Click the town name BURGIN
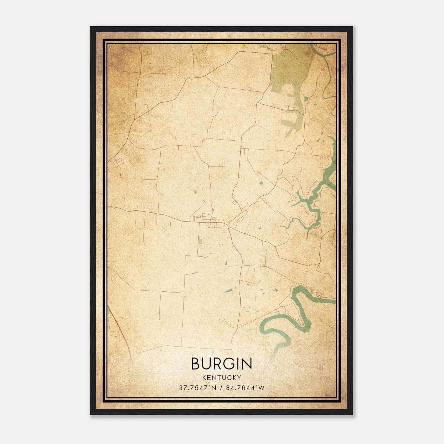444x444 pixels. (x=221, y=364)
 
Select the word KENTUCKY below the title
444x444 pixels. (x=222, y=377)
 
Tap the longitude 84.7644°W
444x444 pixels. (x=245, y=388)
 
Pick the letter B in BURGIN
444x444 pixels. (x=196, y=364)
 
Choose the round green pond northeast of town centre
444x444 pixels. (x=261, y=183)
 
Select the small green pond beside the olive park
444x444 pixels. (x=306, y=99)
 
